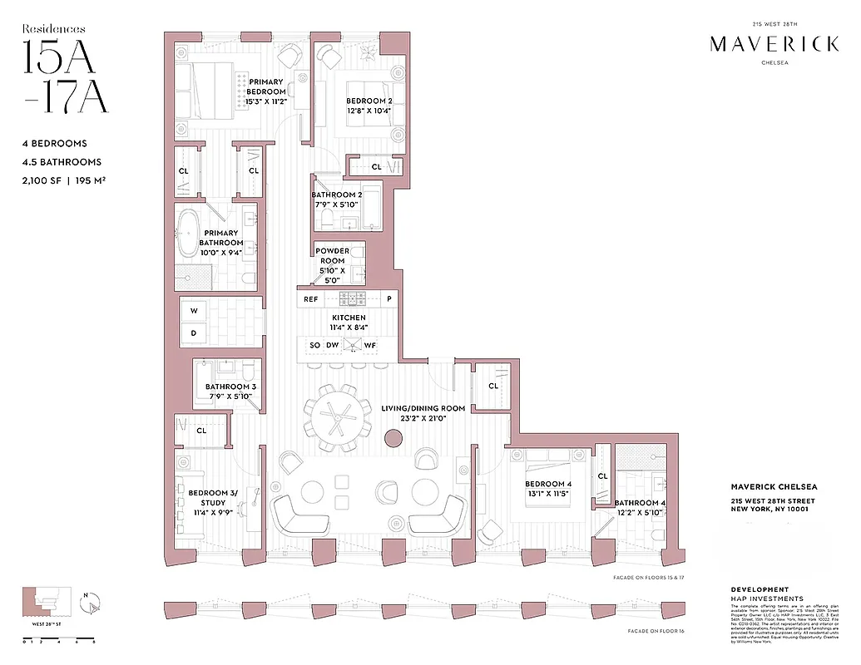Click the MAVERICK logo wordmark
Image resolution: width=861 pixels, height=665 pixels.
[x=774, y=45]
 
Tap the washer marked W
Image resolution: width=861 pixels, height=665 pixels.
[x=194, y=312]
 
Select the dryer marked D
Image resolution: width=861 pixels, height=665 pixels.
[x=194, y=333]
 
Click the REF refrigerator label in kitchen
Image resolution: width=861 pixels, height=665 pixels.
[x=310, y=299]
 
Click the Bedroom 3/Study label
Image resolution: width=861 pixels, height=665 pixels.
[x=213, y=498]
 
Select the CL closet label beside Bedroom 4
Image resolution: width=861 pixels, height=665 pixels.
[x=603, y=476]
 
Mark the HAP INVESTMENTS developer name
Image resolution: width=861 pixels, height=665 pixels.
[x=761, y=598]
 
